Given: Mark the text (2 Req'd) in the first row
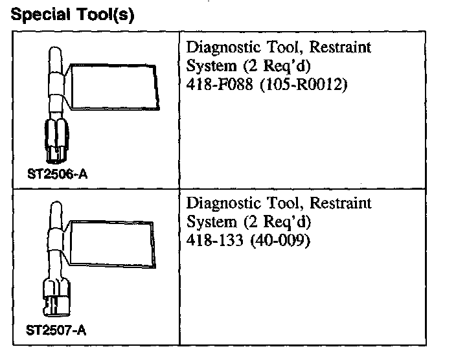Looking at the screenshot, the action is point(273,67).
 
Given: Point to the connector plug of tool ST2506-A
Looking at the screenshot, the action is point(58,137).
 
